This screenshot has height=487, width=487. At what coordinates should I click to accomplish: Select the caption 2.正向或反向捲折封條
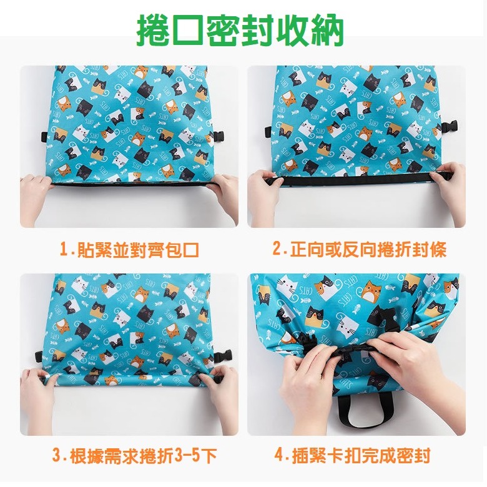click(x=359, y=250)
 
